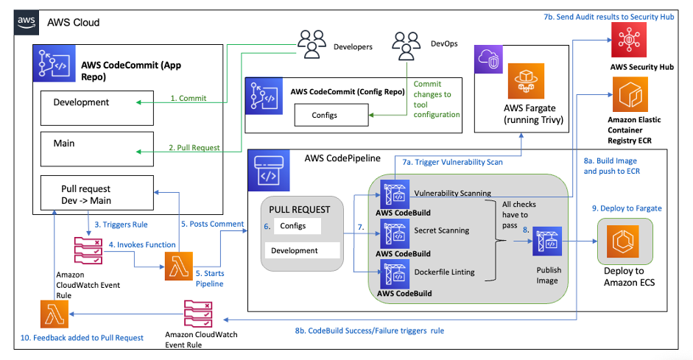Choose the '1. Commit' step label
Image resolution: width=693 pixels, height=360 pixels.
pos(188,98)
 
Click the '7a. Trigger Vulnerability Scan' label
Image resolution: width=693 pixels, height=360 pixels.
pos(451,161)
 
